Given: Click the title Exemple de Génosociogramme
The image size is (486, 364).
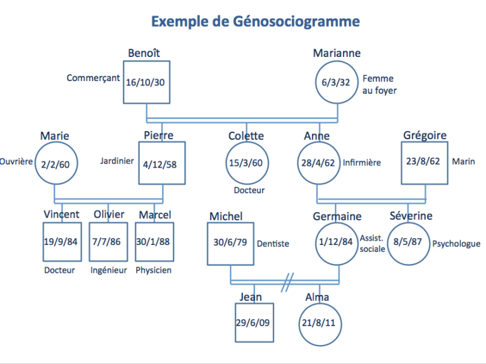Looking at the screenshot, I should pyautogui.click(x=255, y=22).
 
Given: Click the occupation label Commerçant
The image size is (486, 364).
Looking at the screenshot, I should pyautogui.click(x=93, y=78).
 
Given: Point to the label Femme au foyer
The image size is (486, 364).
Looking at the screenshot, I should pyautogui.click(x=378, y=84).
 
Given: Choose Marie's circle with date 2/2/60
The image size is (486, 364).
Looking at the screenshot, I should pyautogui.click(x=55, y=163).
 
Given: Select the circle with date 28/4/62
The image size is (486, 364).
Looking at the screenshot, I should pyautogui.click(x=317, y=163).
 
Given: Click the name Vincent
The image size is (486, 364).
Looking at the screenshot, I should pyautogui.click(x=61, y=215).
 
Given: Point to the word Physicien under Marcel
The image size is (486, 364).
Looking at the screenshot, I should pyautogui.click(x=154, y=270).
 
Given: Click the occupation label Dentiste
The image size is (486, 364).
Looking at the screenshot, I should pyautogui.click(x=273, y=243).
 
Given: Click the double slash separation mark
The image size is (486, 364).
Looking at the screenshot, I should pyautogui.click(x=289, y=279).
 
